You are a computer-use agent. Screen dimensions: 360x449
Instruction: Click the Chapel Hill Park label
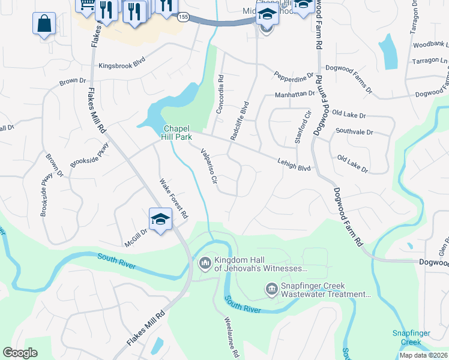coord(177,133)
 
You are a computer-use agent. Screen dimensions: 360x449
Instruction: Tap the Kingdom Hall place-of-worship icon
coord(205,263)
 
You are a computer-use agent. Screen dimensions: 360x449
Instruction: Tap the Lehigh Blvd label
coord(294,164)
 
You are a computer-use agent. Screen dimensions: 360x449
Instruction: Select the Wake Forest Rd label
coord(173,198)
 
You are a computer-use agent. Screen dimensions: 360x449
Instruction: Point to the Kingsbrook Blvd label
coord(122,64)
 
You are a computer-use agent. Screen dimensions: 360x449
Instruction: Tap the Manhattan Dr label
coord(295,94)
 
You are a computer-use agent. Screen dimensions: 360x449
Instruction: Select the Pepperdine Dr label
coord(294,76)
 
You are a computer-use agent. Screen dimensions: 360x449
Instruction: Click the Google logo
coord(20,353)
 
